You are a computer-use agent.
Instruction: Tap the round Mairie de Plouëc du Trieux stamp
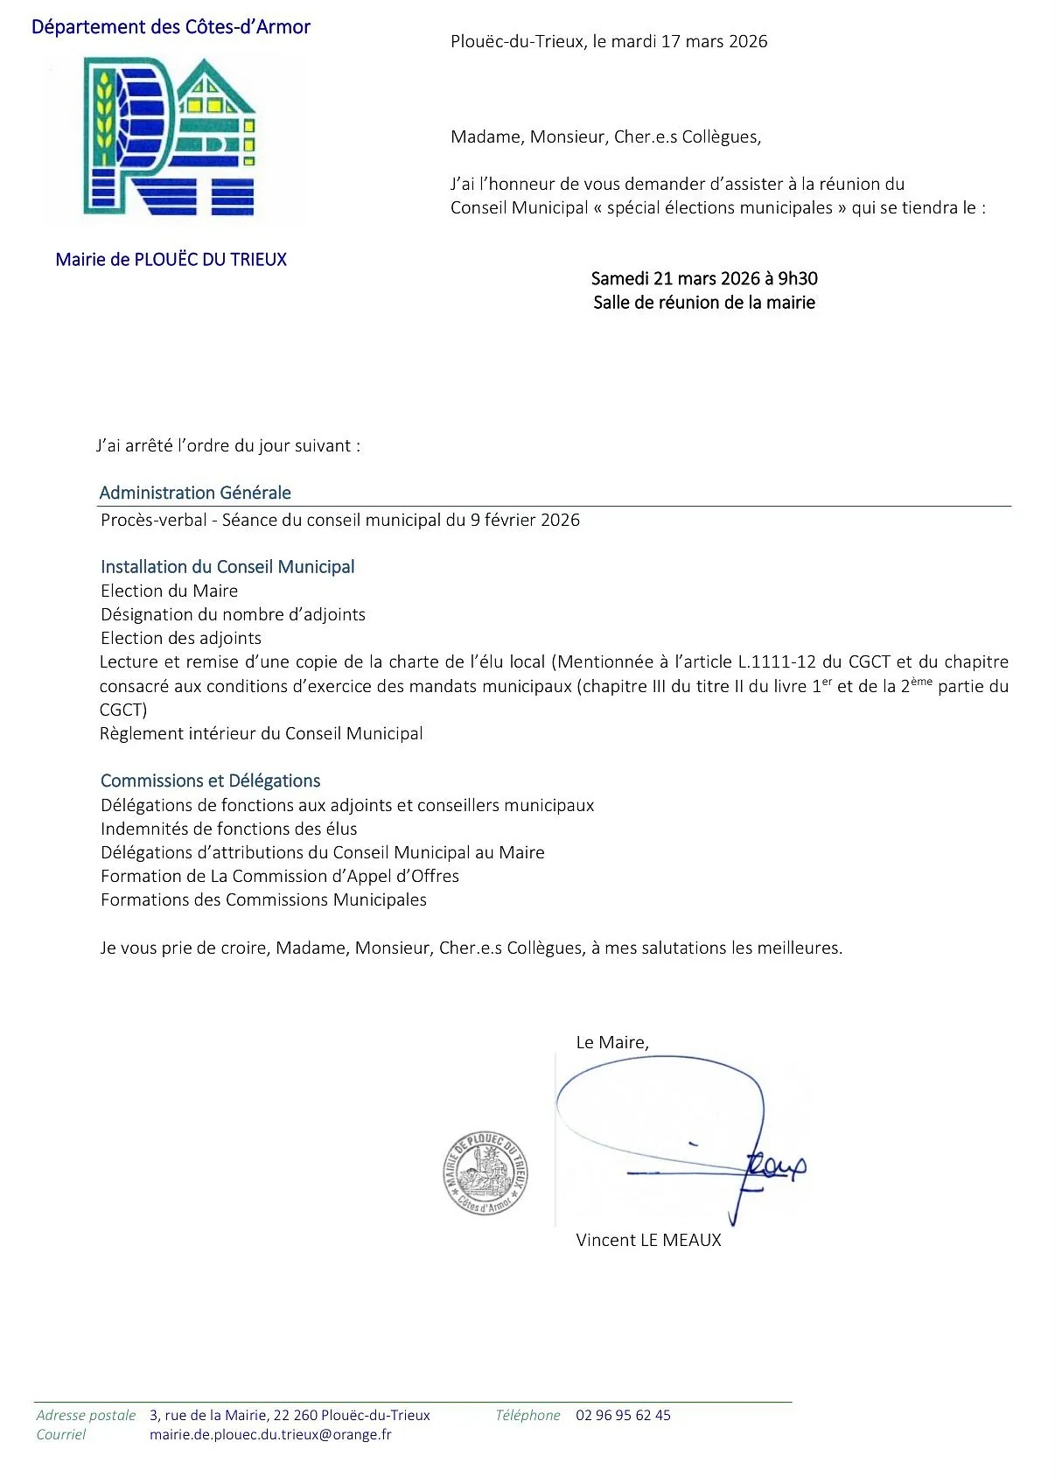[486, 1172]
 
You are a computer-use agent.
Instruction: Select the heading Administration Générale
[195, 493]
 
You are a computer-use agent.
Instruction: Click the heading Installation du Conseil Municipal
[227, 567]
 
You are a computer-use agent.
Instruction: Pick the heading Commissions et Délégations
[210, 780]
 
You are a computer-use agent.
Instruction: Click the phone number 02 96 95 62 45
[623, 1415]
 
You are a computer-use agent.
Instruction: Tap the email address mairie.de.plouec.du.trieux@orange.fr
[270, 1434]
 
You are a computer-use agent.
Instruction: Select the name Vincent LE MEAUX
[648, 1240]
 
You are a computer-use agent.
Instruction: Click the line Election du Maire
[169, 591]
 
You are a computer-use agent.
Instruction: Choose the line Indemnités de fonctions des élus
[228, 829]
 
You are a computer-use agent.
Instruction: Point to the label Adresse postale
[86, 1415]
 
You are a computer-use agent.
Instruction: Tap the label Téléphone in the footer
[527, 1415]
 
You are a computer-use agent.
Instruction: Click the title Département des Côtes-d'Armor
[171, 27]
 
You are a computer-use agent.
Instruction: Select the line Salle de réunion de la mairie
[703, 303]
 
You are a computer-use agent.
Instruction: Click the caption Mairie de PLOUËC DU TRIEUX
[171, 259]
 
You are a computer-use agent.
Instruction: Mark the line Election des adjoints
[180, 638]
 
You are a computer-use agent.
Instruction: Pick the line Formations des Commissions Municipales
[263, 899]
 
